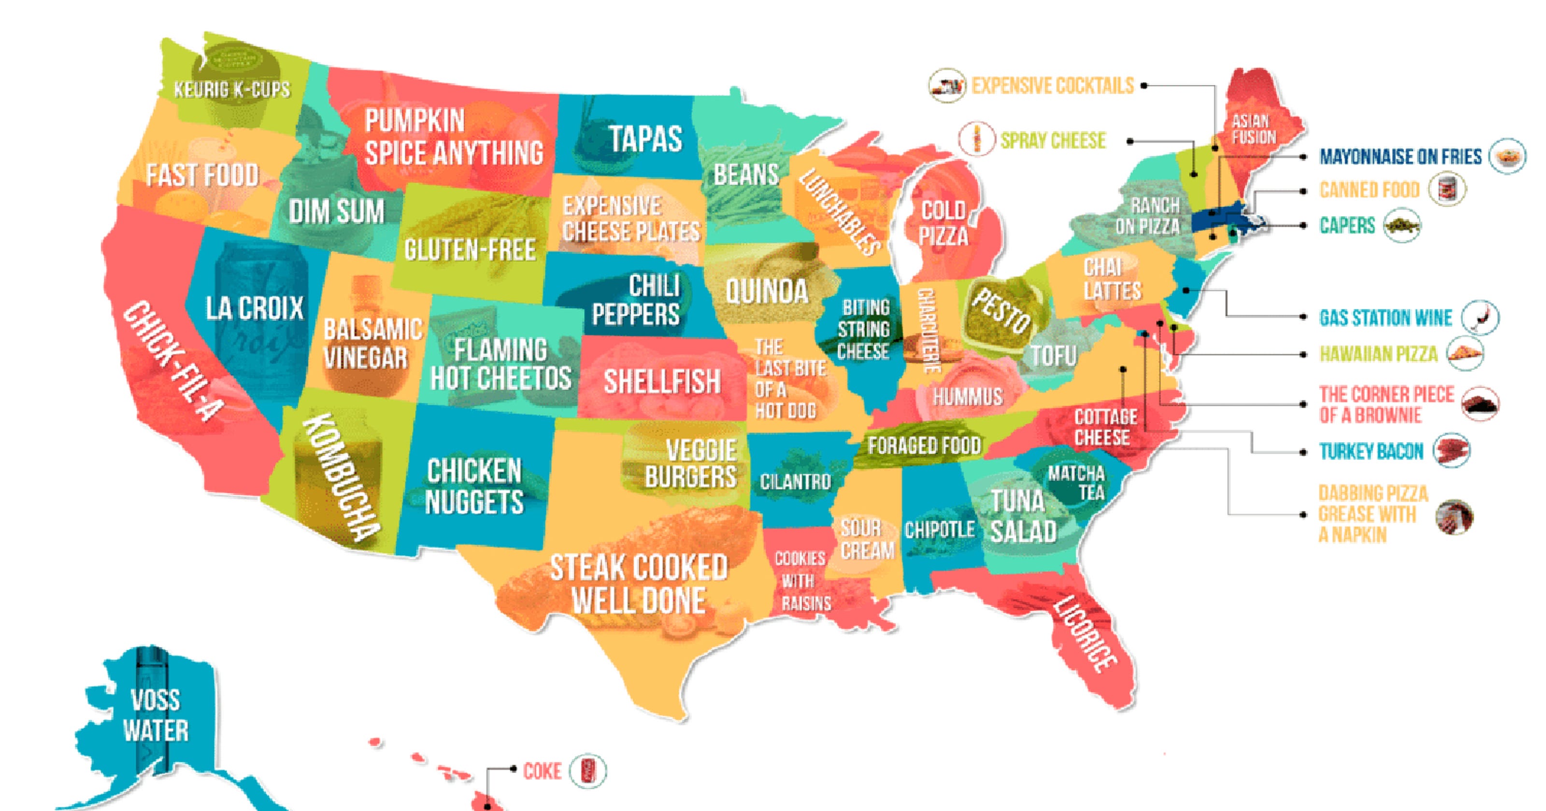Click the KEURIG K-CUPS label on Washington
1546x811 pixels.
[232, 90]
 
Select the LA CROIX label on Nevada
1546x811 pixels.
[255, 308]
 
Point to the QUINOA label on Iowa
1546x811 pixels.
[767, 292]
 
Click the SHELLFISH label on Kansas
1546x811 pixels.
[662, 381]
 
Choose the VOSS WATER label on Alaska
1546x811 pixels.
[156, 715]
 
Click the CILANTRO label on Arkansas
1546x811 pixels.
[795, 482]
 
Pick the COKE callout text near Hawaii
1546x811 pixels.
[542, 771]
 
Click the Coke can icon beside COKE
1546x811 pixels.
[587, 771]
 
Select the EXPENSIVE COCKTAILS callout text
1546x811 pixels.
[1053, 86]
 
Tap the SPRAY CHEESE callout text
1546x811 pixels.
[1053, 140]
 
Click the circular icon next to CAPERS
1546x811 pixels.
[1402, 225]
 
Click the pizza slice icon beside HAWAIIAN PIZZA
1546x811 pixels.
[1465, 354]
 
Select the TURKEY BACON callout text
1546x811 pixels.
[1371, 451]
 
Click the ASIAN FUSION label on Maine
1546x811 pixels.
[1253, 129]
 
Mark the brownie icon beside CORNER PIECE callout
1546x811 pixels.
[1480, 404]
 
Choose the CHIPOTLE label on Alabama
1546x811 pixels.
[939, 530]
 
